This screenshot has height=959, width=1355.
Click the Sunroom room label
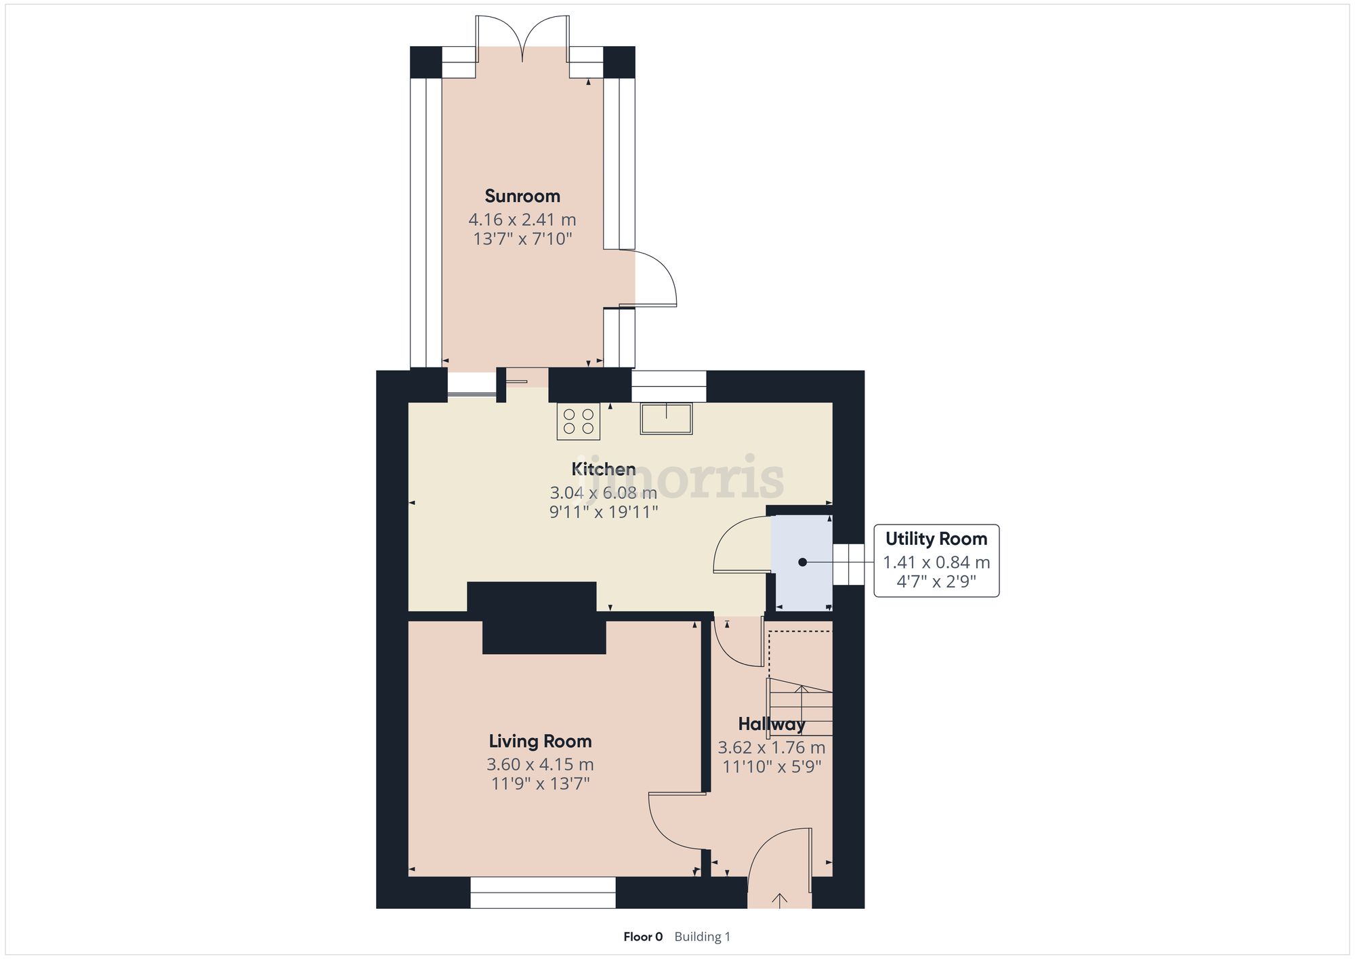click(x=522, y=197)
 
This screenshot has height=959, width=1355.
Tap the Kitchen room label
click(x=603, y=469)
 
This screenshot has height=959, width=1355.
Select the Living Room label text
click(x=540, y=741)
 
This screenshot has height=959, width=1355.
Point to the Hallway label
click(x=772, y=725)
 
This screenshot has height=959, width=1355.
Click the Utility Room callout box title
click(x=936, y=539)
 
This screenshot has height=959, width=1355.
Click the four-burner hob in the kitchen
click(x=579, y=421)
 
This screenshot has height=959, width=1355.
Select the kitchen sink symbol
click(x=666, y=417)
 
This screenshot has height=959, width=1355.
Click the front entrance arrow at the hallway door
click(x=780, y=900)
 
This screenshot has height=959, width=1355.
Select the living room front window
click(x=543, y=893)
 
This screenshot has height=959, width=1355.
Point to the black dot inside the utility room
click(x=802, y=562)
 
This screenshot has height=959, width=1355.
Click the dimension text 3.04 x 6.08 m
click(x=603, y=493)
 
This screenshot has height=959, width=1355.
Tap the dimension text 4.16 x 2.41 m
click(x=522, y=220)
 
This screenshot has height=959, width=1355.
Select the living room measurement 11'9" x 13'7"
click(x=540, y=784)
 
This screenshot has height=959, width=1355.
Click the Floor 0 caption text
click(x=643, y=937)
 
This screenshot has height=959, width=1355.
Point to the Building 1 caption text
click(x=703, y=937)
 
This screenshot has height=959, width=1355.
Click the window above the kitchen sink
click(x=669, y=386)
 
